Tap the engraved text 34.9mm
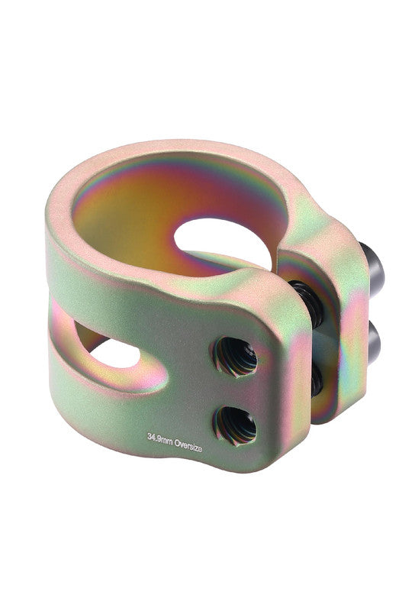pyautogui.click(x=159, y=438)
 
